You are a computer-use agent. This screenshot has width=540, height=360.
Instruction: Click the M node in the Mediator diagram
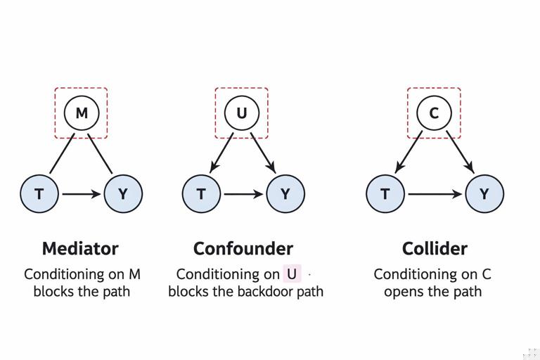[82, 113]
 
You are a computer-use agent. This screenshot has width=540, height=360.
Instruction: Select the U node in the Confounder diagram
[241, 113]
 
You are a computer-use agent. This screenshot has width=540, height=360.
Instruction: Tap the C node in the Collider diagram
[434, 113]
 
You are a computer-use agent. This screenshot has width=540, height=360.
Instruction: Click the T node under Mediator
[39, 193]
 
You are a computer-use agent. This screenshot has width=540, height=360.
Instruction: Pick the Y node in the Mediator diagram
[123, 193]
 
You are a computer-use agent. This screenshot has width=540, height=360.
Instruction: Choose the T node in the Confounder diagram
[201, 193]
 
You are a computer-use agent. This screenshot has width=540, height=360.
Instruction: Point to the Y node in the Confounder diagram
[285, 193]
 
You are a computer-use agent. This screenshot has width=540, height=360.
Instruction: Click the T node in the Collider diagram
[385, 193]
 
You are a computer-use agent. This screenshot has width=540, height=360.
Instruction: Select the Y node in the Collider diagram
[484, 193]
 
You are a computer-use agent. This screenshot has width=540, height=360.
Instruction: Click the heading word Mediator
[80, 248]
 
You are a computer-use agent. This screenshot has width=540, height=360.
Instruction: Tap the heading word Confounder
[243, 248]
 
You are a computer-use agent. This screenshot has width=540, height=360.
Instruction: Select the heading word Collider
[435, 248]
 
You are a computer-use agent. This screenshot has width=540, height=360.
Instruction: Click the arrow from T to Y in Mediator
[81, 193]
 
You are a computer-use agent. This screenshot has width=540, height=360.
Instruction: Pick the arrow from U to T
[221, 153]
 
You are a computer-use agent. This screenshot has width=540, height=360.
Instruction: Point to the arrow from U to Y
[263, 153]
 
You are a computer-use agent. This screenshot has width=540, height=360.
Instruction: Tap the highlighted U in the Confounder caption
[292, 274]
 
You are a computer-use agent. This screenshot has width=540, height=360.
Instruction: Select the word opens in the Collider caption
[403, 291]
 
